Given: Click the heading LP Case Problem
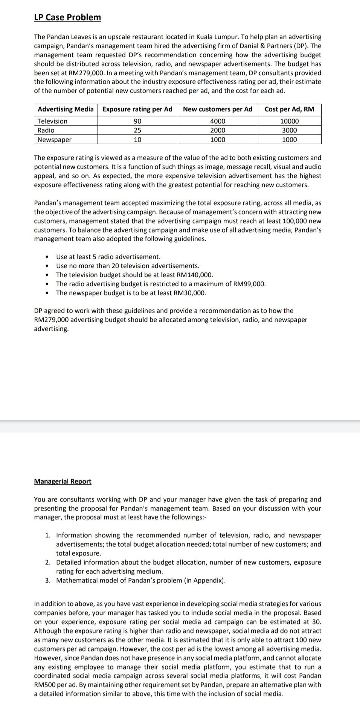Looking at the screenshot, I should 67,17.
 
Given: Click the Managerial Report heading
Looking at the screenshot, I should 63,481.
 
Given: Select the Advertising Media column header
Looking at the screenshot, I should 66,109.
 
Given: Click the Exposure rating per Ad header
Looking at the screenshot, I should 137,109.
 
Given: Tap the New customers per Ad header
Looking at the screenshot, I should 218,109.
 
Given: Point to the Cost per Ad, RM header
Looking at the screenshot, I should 289,109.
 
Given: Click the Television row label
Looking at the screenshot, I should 52,121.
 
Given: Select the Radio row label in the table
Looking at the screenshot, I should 46,130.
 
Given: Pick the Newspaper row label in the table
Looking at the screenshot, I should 55,140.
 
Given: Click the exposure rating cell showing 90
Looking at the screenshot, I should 137,121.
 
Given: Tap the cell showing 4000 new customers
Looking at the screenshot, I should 218,121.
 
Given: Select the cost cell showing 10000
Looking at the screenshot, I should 289,121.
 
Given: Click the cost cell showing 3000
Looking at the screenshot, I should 289,130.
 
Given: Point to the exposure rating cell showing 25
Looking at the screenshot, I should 137,130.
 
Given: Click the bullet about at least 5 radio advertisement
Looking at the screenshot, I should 108,257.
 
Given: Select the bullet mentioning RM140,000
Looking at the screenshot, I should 134,275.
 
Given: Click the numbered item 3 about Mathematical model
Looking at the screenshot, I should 141,580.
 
